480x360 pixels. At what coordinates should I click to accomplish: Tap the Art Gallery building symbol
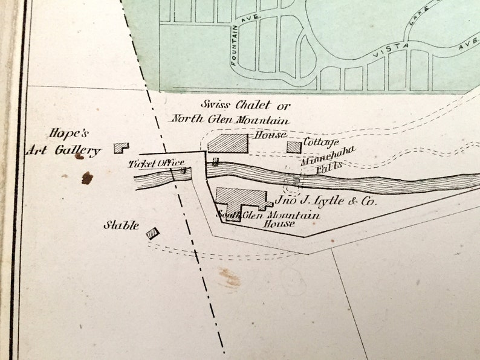(x=121, y=147)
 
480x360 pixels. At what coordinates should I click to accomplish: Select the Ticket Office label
(x=155, y=162)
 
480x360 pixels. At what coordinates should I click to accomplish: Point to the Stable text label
(x=121, y=226)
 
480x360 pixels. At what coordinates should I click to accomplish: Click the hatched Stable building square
(x=152, y=233)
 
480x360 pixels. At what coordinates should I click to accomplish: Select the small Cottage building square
(x=294, y=147)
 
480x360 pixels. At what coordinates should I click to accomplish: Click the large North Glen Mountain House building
(x=228, y=143)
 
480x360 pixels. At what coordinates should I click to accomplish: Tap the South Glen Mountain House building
(x=239, y=202)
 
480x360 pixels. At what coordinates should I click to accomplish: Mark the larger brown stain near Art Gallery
(x=87, y=177)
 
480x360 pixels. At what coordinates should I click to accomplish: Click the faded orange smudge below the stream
(x=230, y=278)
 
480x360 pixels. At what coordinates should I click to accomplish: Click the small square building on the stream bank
(x=215, y=161)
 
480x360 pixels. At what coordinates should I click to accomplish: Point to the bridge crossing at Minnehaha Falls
(x=294, y=179)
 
